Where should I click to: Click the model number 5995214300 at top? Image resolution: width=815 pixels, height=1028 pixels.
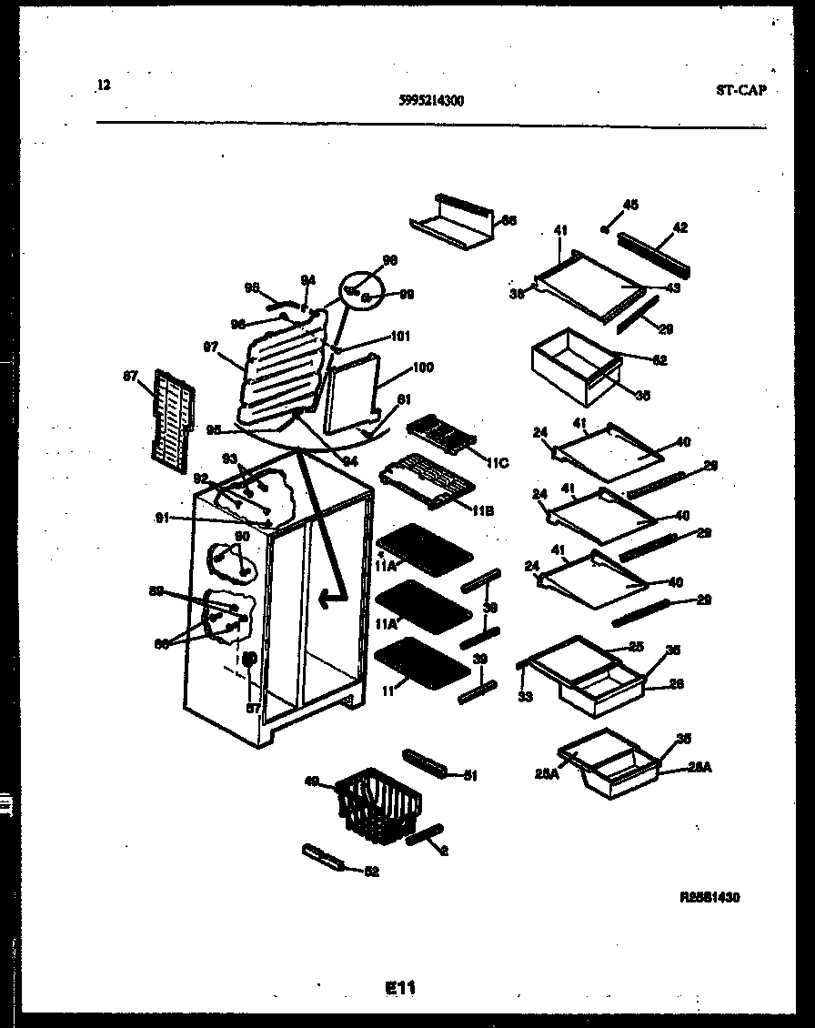431,102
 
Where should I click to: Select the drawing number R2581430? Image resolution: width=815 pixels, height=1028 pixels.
709,897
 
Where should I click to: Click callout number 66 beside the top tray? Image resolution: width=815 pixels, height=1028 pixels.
509,220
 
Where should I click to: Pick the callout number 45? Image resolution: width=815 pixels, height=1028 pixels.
630,205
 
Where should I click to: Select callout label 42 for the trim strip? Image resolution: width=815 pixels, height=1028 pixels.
679,227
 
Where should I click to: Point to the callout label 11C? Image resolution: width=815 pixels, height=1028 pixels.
497,463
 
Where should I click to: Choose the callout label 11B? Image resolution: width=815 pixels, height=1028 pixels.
482,511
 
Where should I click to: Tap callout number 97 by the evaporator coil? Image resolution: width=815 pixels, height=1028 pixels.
211,348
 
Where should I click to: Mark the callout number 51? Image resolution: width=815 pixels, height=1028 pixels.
470,775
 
